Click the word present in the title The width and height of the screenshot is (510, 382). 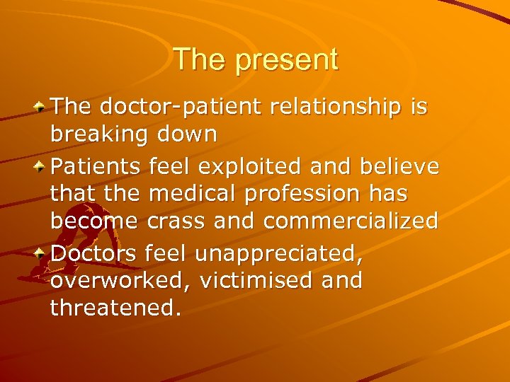coord(287,60)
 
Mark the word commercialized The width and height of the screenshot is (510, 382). coord(351,221)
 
